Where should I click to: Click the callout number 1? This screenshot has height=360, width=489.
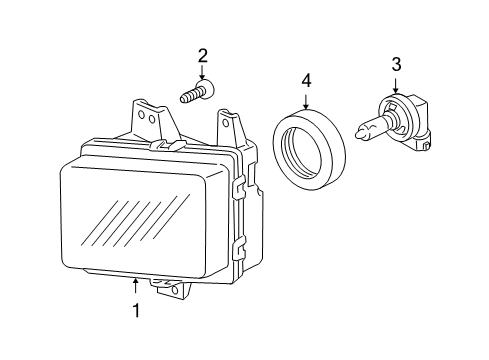(136, 310)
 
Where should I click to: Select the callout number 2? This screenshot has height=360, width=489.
(203, 56)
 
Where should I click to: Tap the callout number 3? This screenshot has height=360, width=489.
(396, 64)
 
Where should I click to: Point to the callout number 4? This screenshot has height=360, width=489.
(306, 81)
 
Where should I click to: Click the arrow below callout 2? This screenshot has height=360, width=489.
(202, 73)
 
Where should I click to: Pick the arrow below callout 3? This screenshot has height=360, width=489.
(396, 86)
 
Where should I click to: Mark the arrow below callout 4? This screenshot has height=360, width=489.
(306, 101)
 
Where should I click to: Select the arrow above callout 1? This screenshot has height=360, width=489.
(135, 286)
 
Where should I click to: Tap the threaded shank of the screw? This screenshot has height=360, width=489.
(190, 95)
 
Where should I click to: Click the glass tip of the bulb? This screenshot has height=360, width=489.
(361, 133)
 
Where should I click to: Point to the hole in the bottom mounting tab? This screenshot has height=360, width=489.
(175, 290)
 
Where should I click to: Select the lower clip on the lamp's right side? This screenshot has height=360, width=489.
(240, 247)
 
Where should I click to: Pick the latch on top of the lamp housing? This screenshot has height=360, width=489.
(168, 145)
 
